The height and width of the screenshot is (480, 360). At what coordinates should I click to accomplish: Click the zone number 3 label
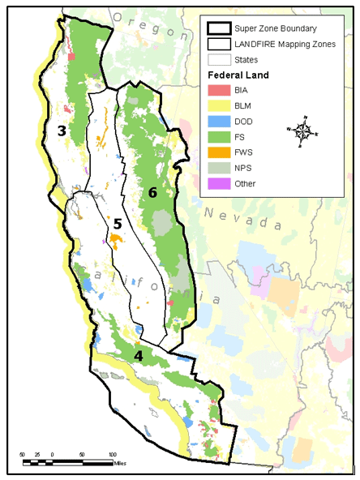(61, 130)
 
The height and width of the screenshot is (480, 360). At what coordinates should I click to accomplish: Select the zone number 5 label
(117, 224)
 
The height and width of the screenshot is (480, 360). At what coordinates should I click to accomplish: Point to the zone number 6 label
(152, 192)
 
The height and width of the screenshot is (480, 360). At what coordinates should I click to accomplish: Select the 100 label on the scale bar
(112, 454)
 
